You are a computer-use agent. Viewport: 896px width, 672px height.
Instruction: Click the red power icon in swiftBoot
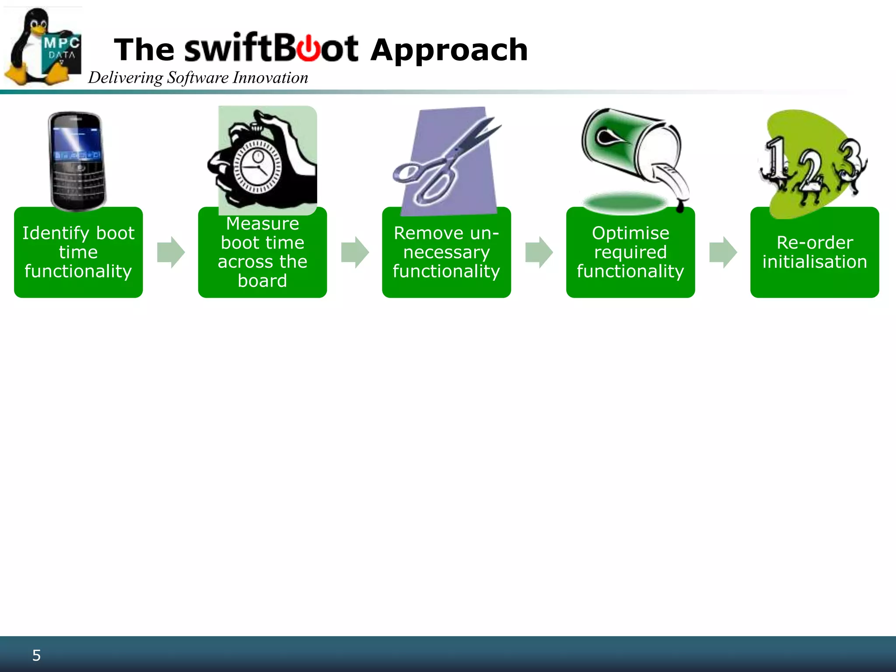pos(309,48)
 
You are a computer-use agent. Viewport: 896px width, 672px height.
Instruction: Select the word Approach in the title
pos(449,50)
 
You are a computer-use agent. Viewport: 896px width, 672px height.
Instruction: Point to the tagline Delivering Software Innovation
pos(198,78)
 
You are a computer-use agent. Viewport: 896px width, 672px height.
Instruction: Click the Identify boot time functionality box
pos(78,252)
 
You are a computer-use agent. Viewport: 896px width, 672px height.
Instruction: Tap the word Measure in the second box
pos(262,224)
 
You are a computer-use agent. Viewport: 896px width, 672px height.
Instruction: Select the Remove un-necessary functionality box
pos(446,252)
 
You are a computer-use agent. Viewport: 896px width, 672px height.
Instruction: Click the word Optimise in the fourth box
pos(630,233)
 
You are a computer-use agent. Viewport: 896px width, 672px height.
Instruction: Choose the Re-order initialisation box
pos(814,252)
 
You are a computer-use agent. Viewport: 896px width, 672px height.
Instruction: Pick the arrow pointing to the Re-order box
pos(723,252)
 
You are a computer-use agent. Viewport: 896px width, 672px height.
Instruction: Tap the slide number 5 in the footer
pos(37,655)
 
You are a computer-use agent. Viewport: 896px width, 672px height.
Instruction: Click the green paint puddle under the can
pos(626,203)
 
